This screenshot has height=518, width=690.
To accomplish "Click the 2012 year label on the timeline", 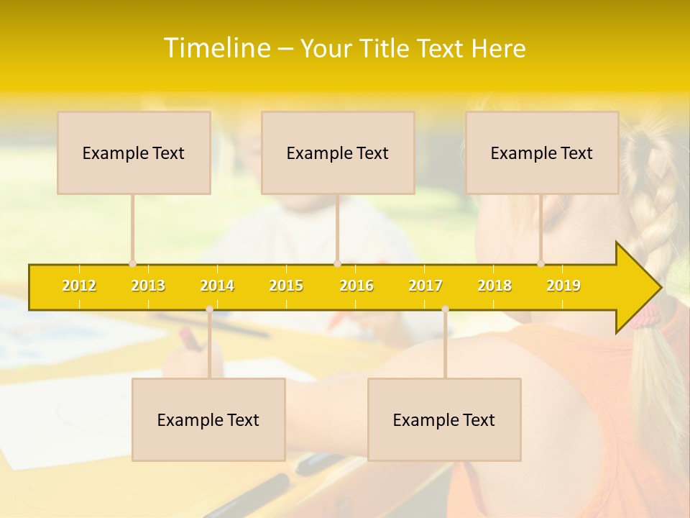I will pos(79,286).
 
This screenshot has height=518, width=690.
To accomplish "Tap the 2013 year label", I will pos(148,286).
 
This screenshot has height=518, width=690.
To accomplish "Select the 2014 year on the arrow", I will pos(217,286).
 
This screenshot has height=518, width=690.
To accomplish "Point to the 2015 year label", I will pos(286,286).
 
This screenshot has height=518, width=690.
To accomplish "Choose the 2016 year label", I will pos(356,286).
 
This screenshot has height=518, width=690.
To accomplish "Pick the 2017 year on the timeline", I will pos(425,286).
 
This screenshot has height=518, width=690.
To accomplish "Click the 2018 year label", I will pos(494,286).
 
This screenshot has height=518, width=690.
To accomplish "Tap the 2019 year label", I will pos(563,286).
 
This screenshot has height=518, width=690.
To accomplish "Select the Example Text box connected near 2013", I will pos(134,153).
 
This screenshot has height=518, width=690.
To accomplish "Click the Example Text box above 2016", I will pos(338,153).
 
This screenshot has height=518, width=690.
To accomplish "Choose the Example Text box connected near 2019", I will pos(542,153).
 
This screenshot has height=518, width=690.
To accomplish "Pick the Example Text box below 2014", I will pos(208,419).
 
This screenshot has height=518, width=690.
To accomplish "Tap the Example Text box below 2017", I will pos(444,419).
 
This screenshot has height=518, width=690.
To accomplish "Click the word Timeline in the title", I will pos(216,48).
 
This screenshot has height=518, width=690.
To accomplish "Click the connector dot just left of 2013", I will pos(132,263).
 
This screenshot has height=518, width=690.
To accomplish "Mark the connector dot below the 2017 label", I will pos(445,309).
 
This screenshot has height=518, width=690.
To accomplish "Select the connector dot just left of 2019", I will pos(541,263).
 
